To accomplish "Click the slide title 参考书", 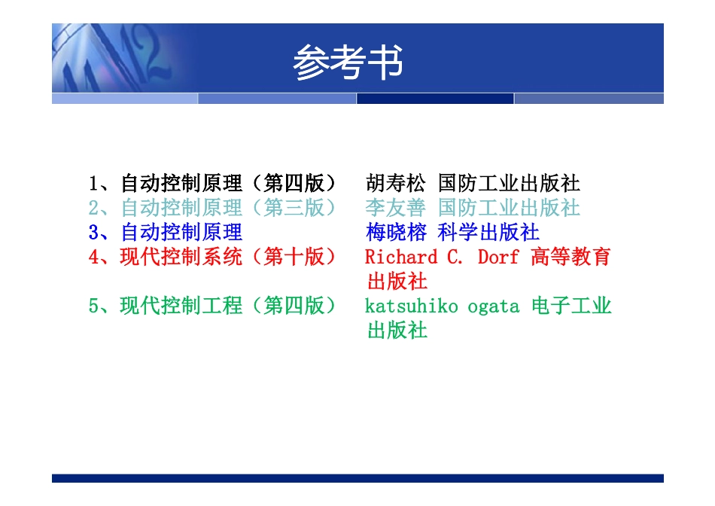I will point(348,62).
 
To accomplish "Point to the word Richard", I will point(400,257).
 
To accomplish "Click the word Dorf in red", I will point(498,257).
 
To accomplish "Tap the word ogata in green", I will point(493,306).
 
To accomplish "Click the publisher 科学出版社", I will point(488,232).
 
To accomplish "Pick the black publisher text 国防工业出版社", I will point(509,183).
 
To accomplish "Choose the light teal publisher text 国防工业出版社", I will point(509,207).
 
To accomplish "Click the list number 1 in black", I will point(93,183).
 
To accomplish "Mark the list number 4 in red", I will point(93,257).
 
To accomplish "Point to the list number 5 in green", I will point(93,306).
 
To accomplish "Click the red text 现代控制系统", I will point(181,257).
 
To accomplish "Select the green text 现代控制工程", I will point(181,306).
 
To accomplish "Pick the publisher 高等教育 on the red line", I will point(570,257).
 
